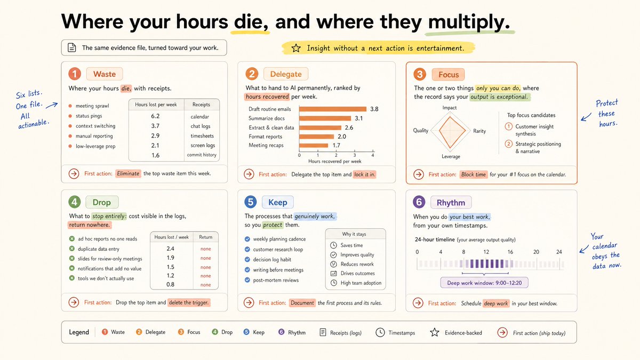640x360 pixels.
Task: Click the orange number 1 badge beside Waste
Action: coord(75,74)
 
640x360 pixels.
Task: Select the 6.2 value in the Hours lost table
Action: coord(155,116)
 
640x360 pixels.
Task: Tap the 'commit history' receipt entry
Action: coord(202,155)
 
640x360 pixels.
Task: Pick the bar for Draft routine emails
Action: coord(333,109)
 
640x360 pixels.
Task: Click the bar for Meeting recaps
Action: coord(314,146)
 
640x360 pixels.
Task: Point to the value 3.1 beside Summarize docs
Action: coord(358,118)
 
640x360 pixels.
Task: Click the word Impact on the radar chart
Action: coord(450,108)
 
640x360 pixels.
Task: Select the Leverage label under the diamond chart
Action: coord(451,157)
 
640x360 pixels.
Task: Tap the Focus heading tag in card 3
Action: coord(449,75)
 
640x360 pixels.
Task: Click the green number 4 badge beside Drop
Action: coord(75,202)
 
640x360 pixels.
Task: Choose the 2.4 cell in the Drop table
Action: coord(170,249)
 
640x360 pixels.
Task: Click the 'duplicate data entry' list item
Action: coord(99,249)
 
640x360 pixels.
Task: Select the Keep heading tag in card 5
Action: coord(278,202)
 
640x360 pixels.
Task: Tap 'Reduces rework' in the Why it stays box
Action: coord(357,264)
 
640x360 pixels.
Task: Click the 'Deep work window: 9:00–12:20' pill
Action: coord(484,283)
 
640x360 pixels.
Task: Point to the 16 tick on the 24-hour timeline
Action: coord(510,252)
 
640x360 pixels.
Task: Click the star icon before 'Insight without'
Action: coord(296,48)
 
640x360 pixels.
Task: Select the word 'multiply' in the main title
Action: coord(466,22)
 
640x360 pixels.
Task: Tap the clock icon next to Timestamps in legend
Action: coord(380,332)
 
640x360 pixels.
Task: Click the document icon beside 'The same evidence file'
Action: coord(71,47)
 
